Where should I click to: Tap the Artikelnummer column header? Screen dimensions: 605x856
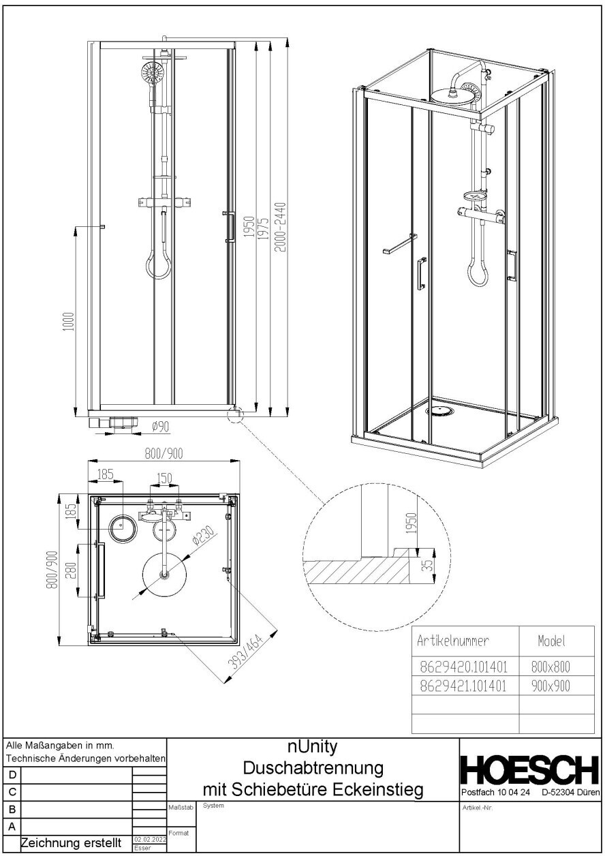[x=453, y=641]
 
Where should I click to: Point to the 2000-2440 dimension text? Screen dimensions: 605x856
[x=279, y=226]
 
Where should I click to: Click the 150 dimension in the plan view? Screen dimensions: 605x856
[x=164, y=478]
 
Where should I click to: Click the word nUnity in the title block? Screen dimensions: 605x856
[x=313, y=748]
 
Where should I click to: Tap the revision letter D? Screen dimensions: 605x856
[x=12, y=775]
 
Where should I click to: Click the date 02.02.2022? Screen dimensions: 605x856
[x=149, y=840]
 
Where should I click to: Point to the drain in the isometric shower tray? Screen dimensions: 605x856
[x=439, y=411]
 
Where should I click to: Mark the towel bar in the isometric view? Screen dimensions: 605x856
[x=399, y=244]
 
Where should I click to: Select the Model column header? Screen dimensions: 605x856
[x=553, y=641]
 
